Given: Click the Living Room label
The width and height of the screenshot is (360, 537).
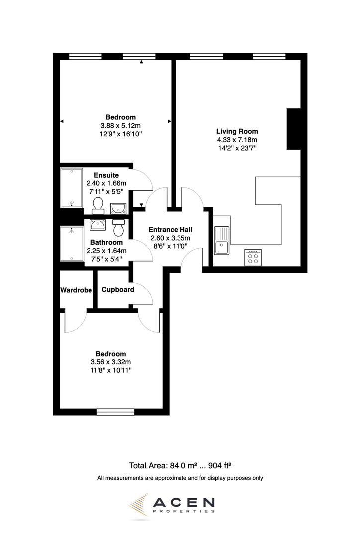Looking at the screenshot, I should pyautogui.click(x=237, y=131).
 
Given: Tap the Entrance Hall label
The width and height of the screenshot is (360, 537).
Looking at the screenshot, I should pyautogui.click(x=171, y=230).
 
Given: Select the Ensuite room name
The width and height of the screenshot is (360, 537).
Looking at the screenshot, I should pyautogui.click(x=106, y=175).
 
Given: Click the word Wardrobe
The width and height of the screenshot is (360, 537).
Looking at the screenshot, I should pyautogui.click(x=76, y=290).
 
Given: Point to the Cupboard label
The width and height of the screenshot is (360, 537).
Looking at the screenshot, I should pyautogui.click(x=118, y=290).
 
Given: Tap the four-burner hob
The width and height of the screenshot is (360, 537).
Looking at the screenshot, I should pyautogui.click(x=253, y=257).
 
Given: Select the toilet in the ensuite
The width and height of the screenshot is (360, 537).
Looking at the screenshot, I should pyautogui.click(x=98, y=205).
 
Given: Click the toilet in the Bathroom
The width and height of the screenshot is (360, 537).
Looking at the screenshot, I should pyautogui.click(x=118, y=228).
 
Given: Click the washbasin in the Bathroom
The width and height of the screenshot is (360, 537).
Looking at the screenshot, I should pyautogui.click(x=97, y=225).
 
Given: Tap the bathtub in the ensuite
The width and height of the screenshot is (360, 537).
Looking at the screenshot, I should pyautogui.click(x=71, y=188).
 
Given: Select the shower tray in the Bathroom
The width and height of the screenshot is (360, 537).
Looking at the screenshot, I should pyautogui.click(x=72, y=244).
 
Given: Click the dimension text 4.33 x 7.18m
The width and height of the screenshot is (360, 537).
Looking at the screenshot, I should pyautogui.click(x=237, y=140).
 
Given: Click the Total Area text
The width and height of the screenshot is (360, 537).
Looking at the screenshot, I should pyautogui.click(x=181, y=466).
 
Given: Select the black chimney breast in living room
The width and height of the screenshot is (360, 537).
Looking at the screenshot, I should pyautogui.click(x=294, y=129).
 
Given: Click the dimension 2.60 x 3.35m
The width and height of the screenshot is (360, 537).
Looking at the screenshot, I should pyautogui.click(x=171, y=238).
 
